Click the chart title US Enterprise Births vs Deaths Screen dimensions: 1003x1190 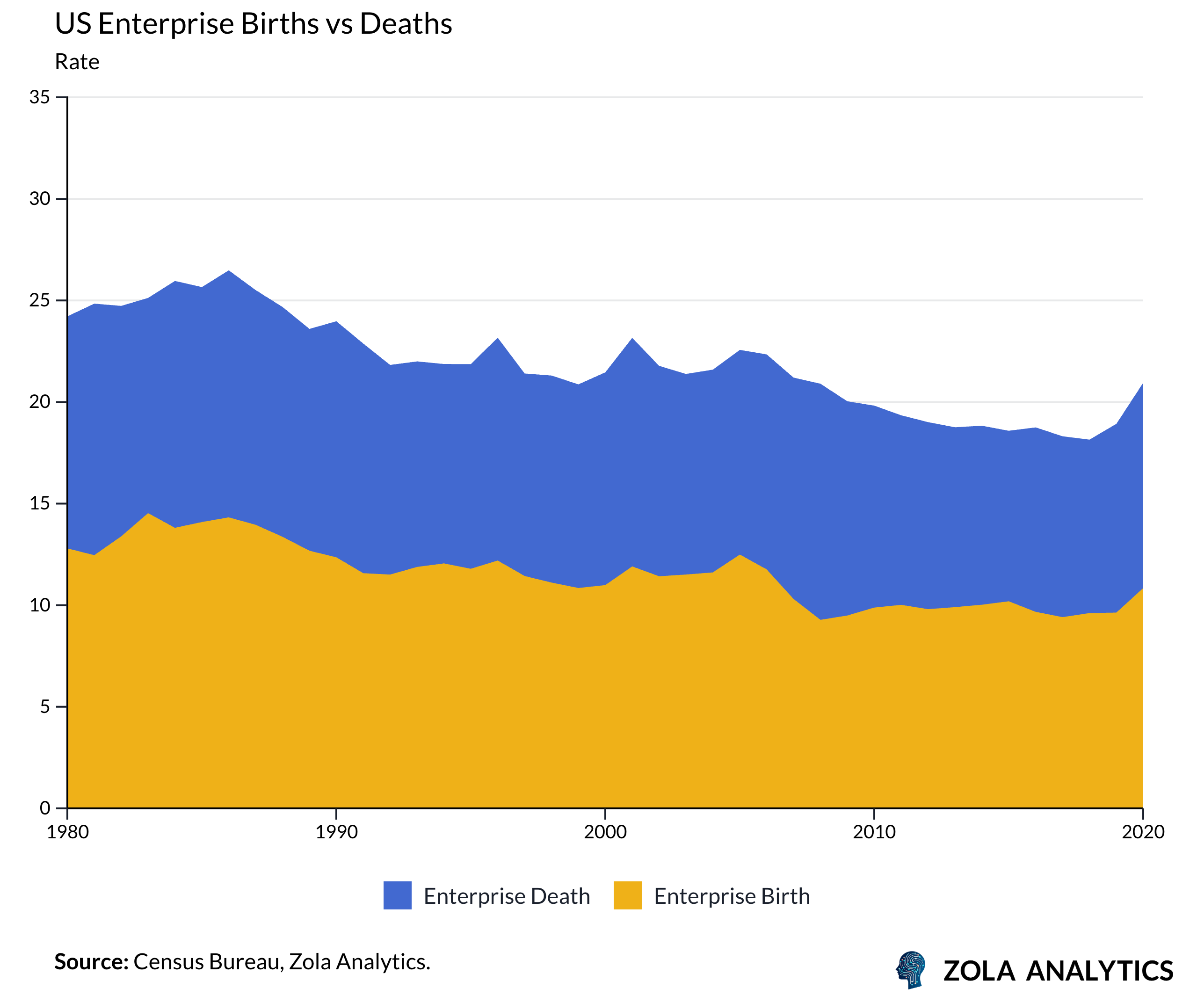(253, 24)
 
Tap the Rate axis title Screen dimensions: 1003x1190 (77, 61)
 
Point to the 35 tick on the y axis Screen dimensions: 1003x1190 (40, 97)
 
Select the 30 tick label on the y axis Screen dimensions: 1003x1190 (40, 198)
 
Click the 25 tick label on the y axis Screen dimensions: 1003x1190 (40, 300)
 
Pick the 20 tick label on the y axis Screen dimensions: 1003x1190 (40, 401)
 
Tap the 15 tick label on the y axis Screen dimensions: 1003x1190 (40, 503)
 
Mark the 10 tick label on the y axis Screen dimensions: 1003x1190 (40, 604)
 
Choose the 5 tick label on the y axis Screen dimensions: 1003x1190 (45, 706)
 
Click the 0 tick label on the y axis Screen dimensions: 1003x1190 (45, 807)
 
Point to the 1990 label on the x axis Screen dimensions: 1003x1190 (337, 832)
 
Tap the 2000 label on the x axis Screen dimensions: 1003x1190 (605, 832)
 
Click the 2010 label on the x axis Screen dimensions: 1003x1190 (874, 832)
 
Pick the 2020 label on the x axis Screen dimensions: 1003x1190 (1143, 832)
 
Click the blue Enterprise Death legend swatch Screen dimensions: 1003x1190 (398, 895)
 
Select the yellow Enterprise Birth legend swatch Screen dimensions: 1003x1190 (627, 895)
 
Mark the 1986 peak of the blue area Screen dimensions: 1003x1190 (229, 271)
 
